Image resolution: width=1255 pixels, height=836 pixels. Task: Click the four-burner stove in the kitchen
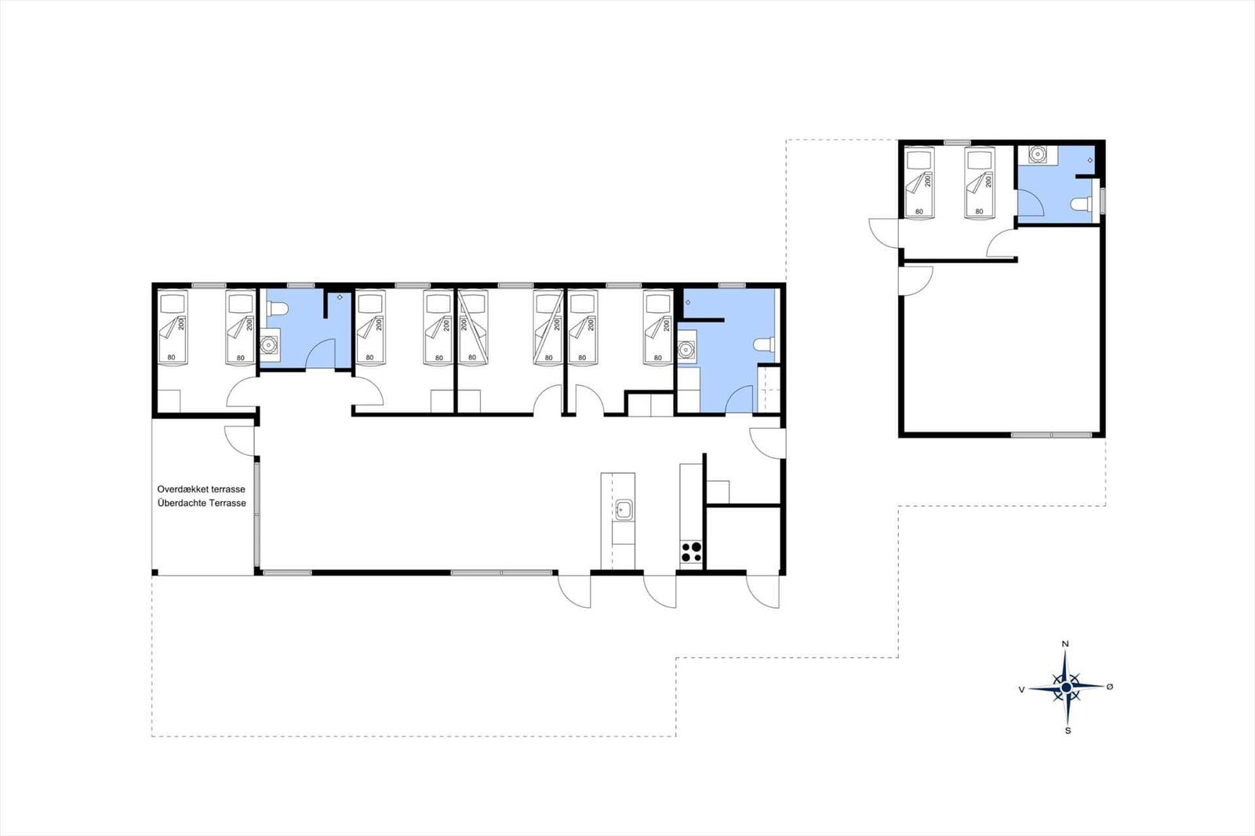click(691, 552)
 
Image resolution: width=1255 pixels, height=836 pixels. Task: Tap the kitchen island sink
click(624, 510)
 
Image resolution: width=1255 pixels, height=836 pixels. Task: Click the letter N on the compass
click(1066, 644)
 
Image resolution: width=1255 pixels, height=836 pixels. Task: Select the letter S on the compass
click(1068, 731)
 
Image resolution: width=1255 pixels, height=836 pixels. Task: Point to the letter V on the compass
click(1022, 690)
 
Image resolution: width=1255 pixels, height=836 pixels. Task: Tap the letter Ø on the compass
click(1110, 686)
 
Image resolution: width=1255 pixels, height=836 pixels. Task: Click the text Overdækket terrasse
click(201, 489)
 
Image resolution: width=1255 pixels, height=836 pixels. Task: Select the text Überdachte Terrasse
click(202, 503)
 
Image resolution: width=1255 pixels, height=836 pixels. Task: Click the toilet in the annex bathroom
click(1082, 204)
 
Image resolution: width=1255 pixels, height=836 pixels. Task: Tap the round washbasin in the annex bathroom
click(1039, 154)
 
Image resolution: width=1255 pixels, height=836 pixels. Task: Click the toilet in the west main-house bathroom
click(277, 309)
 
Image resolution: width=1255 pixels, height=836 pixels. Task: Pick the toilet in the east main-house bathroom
click(764, 344)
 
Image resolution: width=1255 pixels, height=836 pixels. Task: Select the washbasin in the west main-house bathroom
click(270, 344)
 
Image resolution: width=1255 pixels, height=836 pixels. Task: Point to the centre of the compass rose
click(1066, 688)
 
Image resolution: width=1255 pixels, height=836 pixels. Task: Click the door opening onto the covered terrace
click(239, 441)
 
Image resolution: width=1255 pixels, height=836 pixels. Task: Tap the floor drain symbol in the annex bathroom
click(1089, 161)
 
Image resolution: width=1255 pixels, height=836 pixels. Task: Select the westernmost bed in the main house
click(172, 327)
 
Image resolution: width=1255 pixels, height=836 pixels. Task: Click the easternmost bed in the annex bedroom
click(980, 183)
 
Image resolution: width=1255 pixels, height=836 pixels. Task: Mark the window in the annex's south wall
click(1052, 434)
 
